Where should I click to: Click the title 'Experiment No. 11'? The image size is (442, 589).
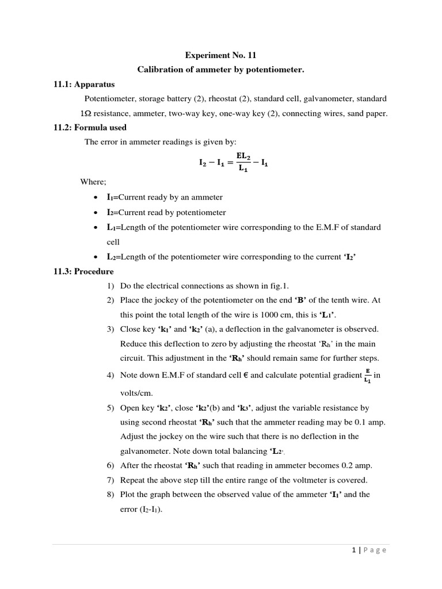click(x=220, y=55)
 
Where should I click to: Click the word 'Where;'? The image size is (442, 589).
click(x=93, y=182)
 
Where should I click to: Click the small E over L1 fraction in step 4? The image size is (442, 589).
click(x=367, y=376)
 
